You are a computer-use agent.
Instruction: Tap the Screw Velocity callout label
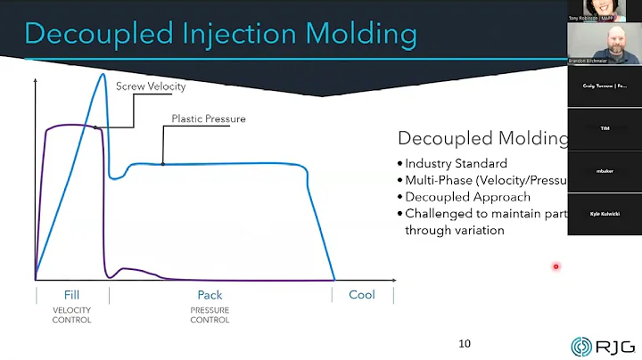click(151, 86)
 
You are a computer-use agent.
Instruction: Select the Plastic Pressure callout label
click(209, 119)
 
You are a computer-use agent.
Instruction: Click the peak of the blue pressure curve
click(103, 74)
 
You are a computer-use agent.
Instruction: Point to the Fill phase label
click(71, 295)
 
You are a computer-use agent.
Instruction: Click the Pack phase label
click(210, 295)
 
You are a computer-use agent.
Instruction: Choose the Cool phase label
click(361, 295)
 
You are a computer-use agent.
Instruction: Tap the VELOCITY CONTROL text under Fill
click(71, 315)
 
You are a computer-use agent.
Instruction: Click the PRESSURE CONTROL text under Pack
click(210, 315)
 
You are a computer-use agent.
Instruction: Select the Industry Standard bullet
click(455, 163)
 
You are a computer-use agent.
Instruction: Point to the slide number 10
click(464, 344)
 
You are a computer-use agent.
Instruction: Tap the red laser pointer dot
click(556, 266)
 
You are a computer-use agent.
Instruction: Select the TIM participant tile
click(605, 128)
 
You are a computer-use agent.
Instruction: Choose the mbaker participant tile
click(605, 171)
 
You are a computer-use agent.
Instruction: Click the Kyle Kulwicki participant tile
click(605, 214)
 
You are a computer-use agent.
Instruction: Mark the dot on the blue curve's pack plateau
click(163, 163)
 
